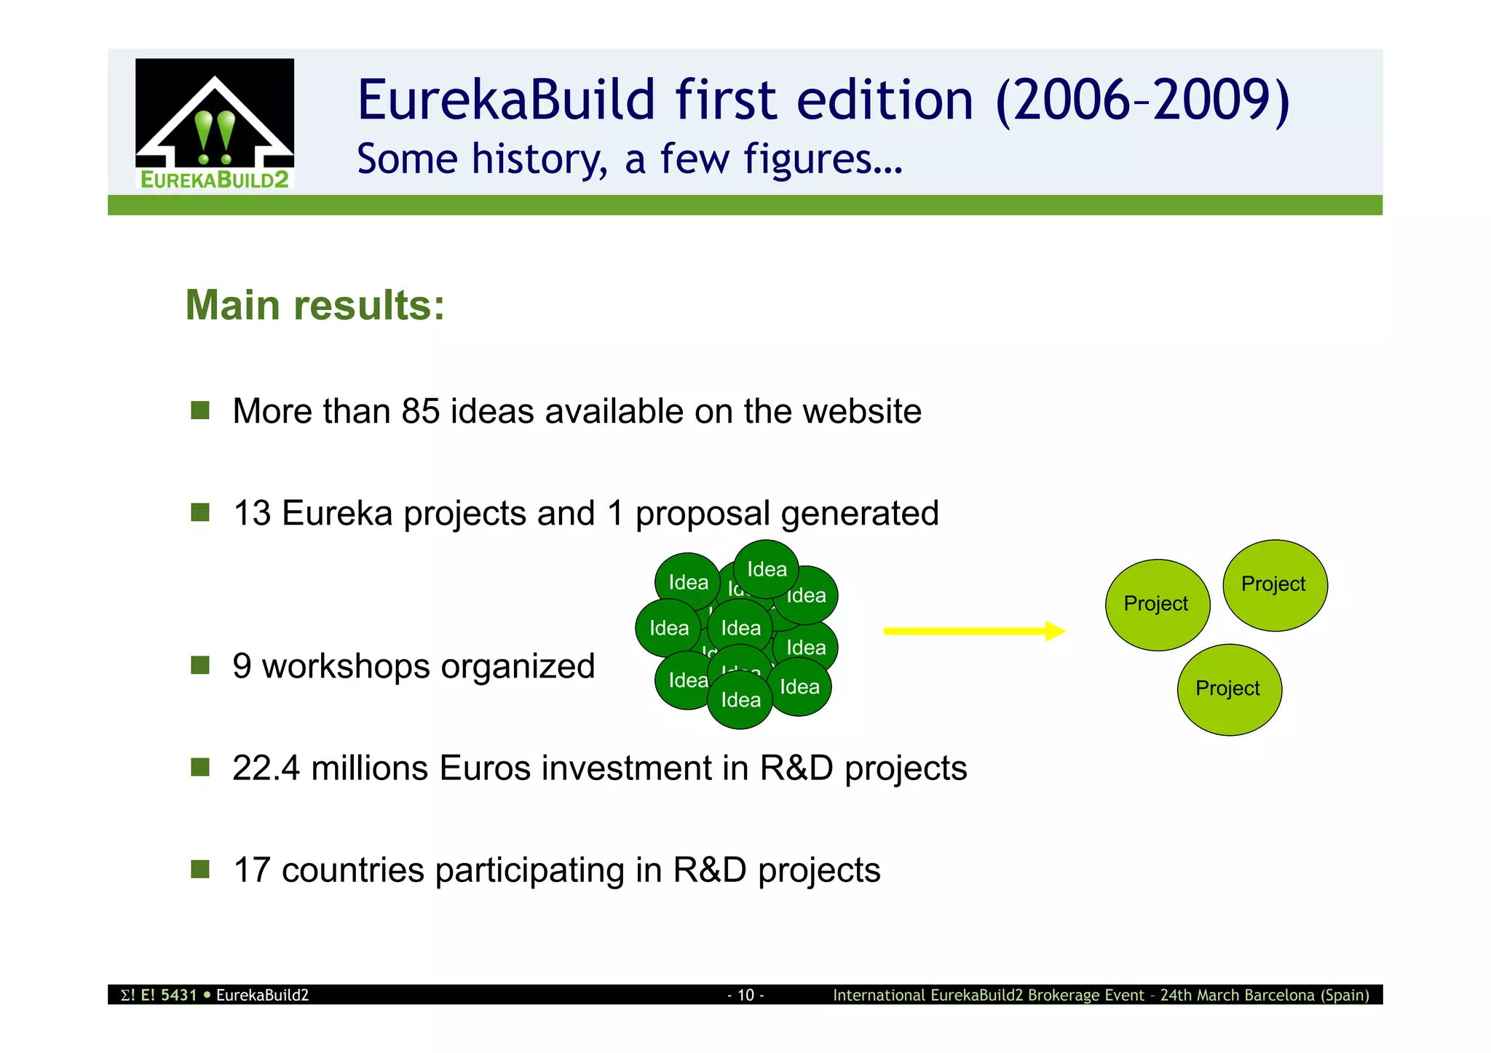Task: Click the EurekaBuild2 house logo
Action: [215, 124]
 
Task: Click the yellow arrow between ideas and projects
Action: [973, 631]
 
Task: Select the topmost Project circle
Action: [1275, 585]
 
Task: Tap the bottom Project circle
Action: [1229, 689]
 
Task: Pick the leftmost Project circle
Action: [1157, 604]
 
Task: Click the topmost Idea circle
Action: [766, 568]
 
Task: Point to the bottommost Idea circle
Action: [740, 701]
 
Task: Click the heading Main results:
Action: [315, 305]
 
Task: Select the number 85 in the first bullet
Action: [421, 411]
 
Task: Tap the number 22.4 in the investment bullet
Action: [266, 768]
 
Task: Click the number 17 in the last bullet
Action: [252, 870]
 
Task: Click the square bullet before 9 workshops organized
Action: [200, 665]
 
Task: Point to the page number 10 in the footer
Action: [745, 995]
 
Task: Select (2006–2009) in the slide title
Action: [1142, 100]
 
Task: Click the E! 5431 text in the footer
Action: [168, 995]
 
